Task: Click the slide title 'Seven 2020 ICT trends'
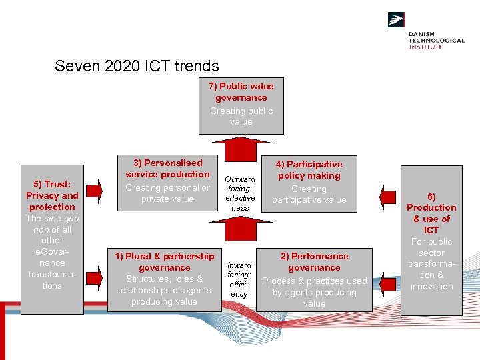pos(137,66)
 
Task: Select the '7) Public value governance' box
pos(241,104)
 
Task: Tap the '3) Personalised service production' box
pos(167,183)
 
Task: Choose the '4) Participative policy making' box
pos(309,183)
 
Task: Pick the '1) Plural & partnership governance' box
pos(164,279)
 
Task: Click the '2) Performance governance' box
pos(314,279)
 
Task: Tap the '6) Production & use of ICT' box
pos(431,240)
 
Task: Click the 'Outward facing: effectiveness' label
pos(240,193)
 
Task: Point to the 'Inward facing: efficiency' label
pos(239,279)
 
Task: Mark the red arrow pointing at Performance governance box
pos(388,273)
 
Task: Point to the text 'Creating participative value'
pos(309,194)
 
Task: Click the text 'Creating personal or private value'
pos(167,193)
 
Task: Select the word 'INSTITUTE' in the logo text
pos(425,47)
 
